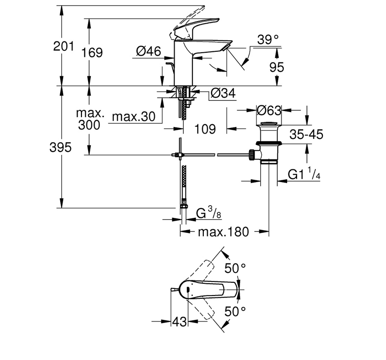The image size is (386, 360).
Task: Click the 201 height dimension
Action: [64, 46]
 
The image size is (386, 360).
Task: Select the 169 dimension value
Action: [92, 53]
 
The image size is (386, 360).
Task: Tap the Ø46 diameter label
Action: [148, 51]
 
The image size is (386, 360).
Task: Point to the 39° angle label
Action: [268, 40]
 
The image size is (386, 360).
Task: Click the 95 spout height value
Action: [277, 67]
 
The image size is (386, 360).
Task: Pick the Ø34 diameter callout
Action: [223, 93]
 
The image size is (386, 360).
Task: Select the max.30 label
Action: [134, 117]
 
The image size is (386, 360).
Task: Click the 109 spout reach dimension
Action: [205, 128]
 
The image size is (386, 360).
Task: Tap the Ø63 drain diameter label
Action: [269, 111]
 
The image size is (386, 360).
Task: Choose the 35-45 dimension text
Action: [306, 135]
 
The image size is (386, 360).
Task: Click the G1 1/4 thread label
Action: [304, 174]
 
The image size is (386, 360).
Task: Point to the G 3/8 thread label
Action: [209, 213]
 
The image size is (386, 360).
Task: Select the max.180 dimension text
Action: [224, 232]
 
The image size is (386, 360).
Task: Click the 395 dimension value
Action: [60, 147]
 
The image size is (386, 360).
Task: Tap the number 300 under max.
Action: [89, 125]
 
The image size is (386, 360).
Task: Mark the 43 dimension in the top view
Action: [179, 321]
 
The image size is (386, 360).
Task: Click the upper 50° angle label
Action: [235, 268]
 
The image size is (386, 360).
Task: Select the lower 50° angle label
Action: [235, 312]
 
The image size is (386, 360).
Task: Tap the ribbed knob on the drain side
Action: [251, 155]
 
